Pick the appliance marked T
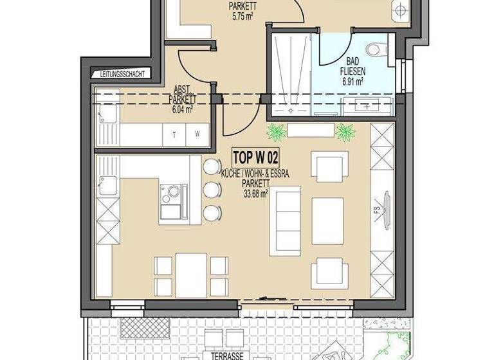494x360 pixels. tap(174, 135)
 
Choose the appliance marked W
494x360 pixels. tap(197, 135)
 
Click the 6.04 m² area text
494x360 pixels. tap(182, 109)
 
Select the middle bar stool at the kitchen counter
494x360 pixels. tap(210, 190)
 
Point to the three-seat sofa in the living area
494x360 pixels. tap(284, 219)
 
